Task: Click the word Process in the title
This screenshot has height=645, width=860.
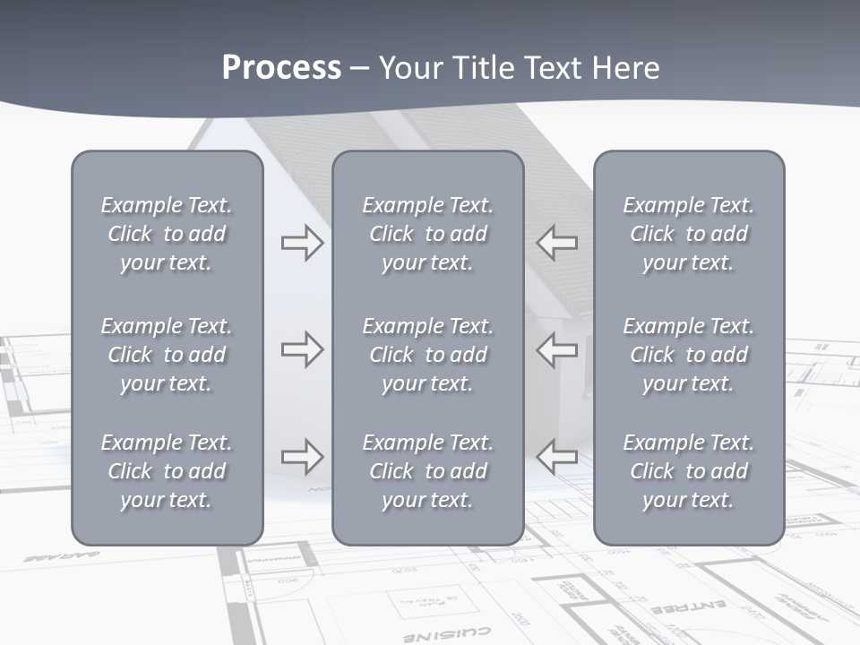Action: point(281,68)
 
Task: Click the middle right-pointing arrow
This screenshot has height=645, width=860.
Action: point(302,349)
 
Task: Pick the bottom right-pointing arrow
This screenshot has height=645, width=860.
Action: point(302,457)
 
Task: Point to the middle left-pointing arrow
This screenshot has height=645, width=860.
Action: point(557,349)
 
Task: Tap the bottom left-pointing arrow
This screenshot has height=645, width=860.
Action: point(557,457)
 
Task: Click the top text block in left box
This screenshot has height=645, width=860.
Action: point(167,234)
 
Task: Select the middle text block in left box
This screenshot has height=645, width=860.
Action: point(167,355)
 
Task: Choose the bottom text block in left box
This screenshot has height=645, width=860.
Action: point(167,471)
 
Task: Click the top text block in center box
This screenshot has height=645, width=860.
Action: point(427,234)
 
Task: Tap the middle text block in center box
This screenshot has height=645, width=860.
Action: point(427,355)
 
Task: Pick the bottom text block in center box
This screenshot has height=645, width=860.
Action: point(427,471)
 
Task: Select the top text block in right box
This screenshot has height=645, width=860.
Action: point(688,234)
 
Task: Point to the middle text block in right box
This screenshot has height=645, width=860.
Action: point(688,355)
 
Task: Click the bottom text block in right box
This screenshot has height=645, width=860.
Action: point(688,471)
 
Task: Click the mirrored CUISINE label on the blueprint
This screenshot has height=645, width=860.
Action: point(459,632)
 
